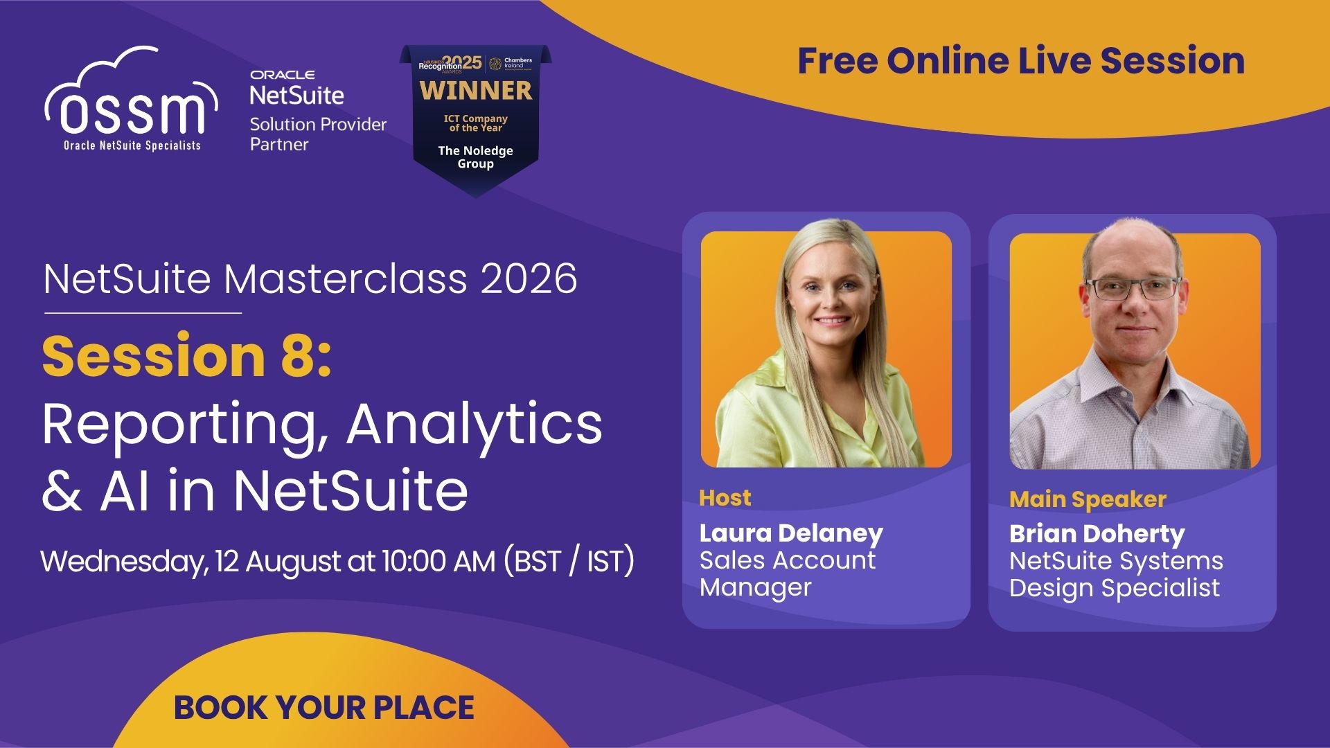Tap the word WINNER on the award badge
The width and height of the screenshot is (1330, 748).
click(x=476, y=91)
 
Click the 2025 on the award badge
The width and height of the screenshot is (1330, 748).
click(x=462, y=62)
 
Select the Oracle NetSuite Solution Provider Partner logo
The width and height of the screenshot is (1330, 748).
click(x=318, y=111)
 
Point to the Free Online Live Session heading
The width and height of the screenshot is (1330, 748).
click(x=1021, y=60)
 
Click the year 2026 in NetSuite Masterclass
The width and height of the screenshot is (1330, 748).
click(x=529, y=278)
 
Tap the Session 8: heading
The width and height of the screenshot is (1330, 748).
click(x=187, y=355)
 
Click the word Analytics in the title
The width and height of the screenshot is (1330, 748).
click(x=475, y=425)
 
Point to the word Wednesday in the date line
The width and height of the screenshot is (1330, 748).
click(x=123, y=562)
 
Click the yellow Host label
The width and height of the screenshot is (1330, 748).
click(x=725, y=498)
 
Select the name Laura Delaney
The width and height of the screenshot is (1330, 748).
click(x=791, y=533)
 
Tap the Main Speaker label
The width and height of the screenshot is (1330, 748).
click(x=1088, y=499)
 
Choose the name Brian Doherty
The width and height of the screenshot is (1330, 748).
click(x=1097, y=534)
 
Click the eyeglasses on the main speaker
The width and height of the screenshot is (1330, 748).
click(x=1133, y=288)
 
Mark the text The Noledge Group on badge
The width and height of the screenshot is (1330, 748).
click(x=476, y=157)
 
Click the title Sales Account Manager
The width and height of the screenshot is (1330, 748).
click(x=788, y=573)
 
